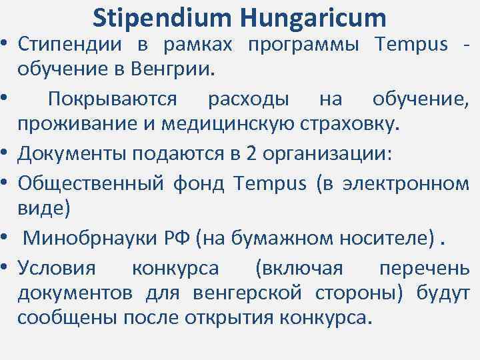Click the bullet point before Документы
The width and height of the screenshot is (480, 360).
click(6, 153)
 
